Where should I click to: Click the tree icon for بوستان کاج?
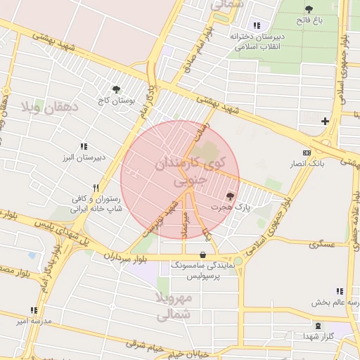(117, 89)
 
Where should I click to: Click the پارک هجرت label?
(241, 207)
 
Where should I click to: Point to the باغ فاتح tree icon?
(309, 9)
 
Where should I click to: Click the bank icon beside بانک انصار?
(307, 153)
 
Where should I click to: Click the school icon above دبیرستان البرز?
(84, 146)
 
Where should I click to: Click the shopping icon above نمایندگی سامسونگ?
(203, 255)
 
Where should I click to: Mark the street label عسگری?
(325, 244)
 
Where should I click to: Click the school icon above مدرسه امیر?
(33, 309)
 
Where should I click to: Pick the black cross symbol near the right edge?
(325, 122)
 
